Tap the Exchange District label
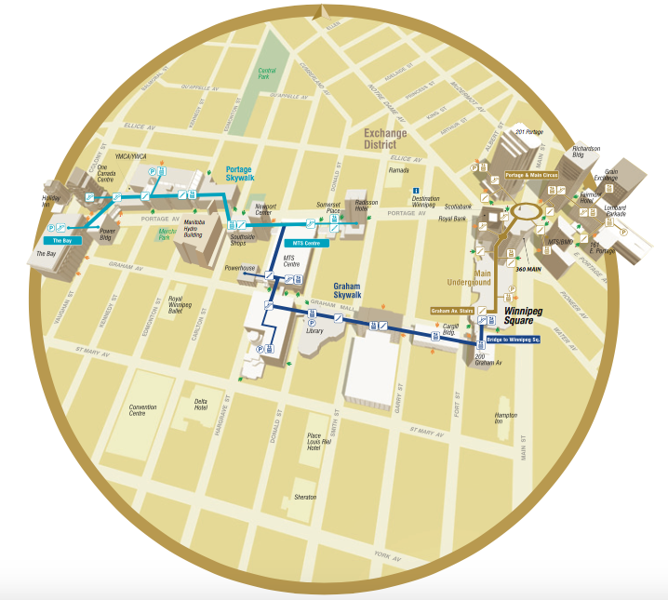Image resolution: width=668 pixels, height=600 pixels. coord(385,139)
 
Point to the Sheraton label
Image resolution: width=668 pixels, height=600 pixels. coord(305,498)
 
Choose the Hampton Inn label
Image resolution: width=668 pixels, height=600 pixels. coord(505,418)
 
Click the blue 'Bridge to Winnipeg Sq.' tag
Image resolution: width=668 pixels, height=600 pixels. coord(513,340)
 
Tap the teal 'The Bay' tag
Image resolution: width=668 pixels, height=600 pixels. coord(62,240)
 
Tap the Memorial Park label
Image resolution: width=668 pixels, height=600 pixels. coord(167,233)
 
